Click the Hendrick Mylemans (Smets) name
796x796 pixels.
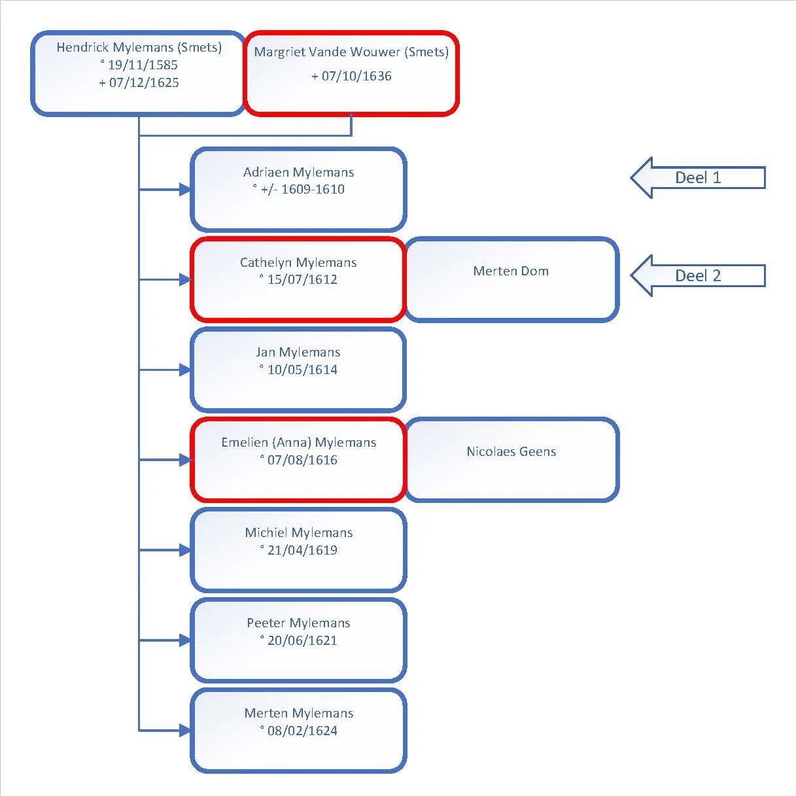(139, 48)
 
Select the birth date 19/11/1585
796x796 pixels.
(143, 65)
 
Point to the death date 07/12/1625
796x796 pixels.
(144, 82)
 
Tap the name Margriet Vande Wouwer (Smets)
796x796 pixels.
(351, 52)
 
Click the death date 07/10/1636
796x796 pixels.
(356, 76)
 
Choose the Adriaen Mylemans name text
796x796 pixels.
(299, 172)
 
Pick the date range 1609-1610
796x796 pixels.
(313, 189)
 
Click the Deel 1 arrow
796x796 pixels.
(698, 178)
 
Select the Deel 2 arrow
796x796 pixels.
(698, 275)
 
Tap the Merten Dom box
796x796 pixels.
(511, 280)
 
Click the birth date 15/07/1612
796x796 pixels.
(302, 280)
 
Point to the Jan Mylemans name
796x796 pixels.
(298, 353)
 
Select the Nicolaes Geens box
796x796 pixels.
(511, 460)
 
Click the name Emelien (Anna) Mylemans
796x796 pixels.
(299, 442)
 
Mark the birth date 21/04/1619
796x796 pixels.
(302, 550)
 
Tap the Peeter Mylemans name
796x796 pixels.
(299, 623)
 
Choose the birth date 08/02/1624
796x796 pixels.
(302, 731)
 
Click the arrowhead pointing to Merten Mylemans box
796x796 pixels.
(185, 731)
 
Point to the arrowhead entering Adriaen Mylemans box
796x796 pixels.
(185, 190)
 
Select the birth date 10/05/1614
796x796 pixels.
(302, 370)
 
